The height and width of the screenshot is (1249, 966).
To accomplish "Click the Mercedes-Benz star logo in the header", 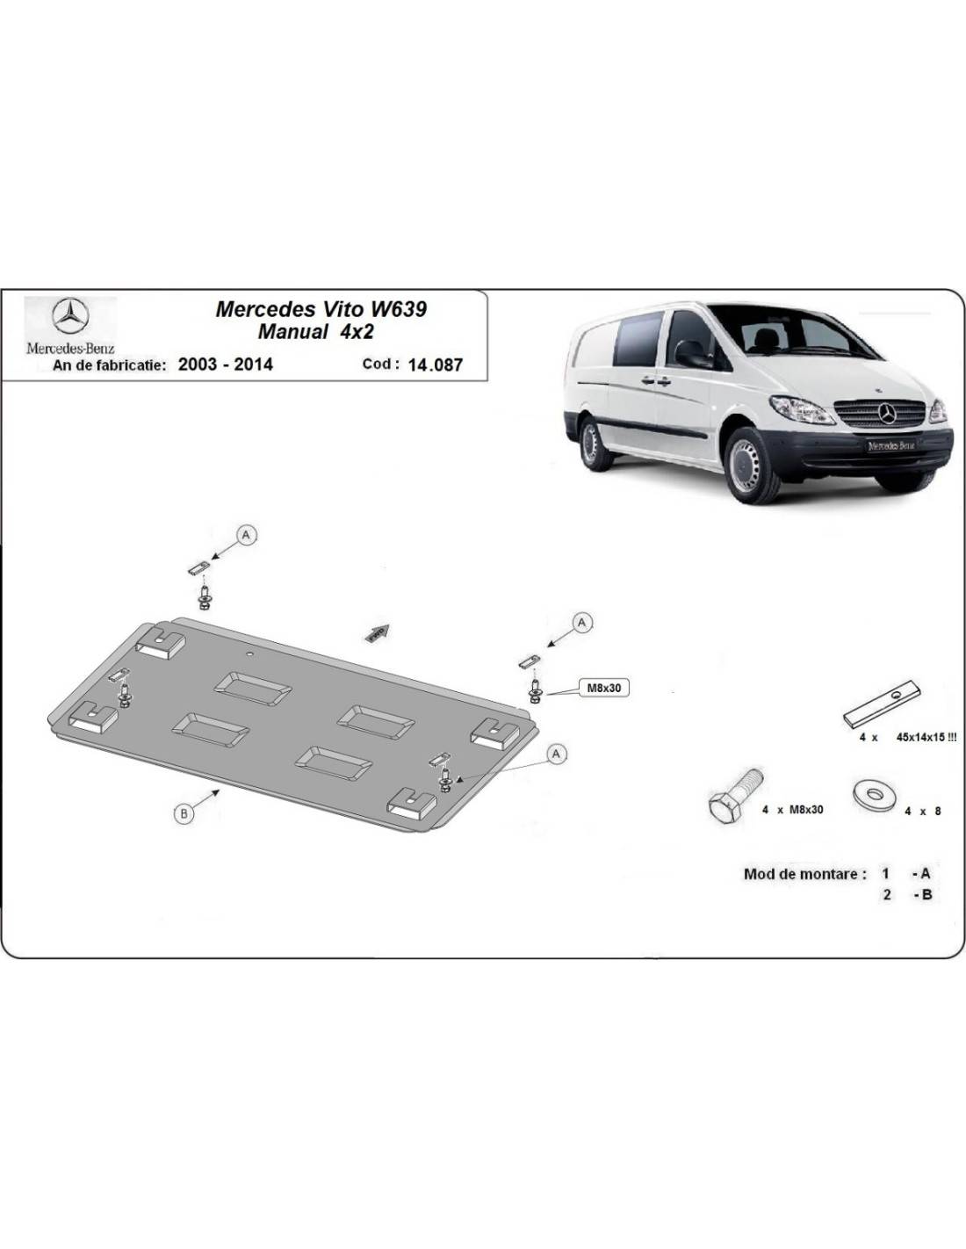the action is point(70,315).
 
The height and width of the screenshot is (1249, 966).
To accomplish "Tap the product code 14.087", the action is point(435,365).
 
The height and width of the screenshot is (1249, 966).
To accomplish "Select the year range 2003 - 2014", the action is point(226,365).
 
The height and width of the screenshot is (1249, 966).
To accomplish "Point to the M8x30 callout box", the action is point(603,688).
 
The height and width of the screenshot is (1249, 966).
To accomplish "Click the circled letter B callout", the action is point(184,812).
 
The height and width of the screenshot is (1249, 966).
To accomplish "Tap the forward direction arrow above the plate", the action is point(378,632).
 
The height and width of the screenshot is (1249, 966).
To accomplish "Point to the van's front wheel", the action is point(753,466).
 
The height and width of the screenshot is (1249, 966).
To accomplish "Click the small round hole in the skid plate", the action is point(250,653).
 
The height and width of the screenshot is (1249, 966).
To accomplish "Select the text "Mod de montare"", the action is point(804,874).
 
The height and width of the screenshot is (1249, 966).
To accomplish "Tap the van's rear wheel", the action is point(594,444).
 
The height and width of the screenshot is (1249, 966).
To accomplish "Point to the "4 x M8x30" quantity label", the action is point(792,809).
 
